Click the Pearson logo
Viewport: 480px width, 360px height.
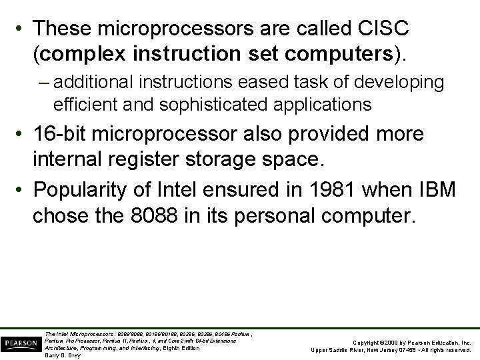(20, 342)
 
